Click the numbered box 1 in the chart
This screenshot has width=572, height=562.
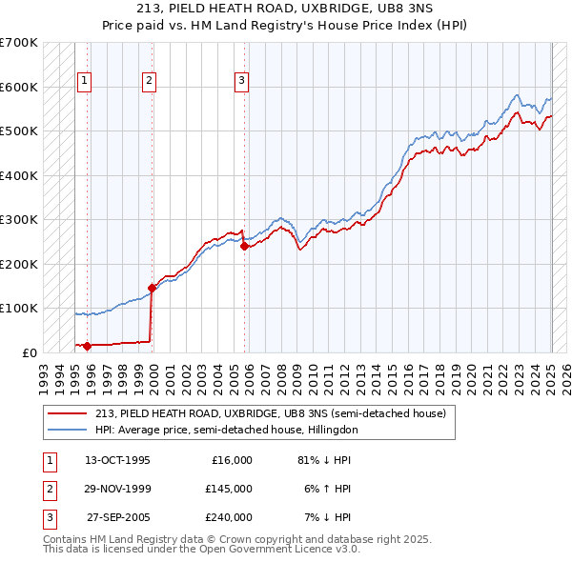pos(85,81)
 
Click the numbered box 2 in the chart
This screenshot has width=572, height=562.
pos(150,81)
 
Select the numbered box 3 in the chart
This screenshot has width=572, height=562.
pos(242,81)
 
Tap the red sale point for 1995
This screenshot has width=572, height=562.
pos(87,346)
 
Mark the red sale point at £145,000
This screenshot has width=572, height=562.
pos(152,288)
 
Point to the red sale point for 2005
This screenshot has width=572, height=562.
pos(244,246)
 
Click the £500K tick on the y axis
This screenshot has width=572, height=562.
pos(19,130)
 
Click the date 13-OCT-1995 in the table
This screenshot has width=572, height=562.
pos(117,460)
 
